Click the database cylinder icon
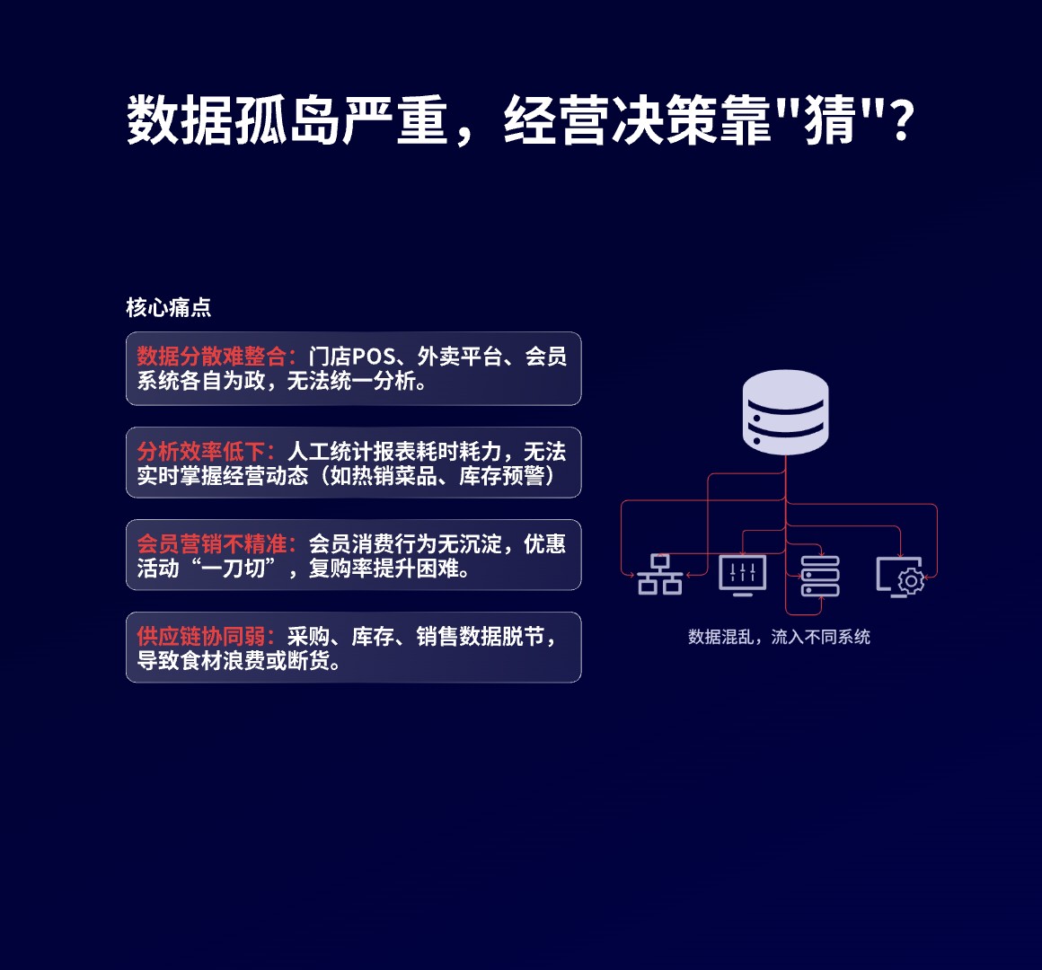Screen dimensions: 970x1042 coord(785,412)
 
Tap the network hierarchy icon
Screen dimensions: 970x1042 coord(660,575)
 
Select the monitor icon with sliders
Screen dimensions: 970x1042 coord(743,575)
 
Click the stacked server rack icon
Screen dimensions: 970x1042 coord(820,576)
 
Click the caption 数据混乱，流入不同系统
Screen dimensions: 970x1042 coord(779,637)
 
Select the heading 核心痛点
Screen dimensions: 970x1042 coord(169,307)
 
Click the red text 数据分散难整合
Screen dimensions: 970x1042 coord(211,357)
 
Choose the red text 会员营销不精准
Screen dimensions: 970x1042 coord(211,544)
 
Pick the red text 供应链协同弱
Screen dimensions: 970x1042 coord(200,637)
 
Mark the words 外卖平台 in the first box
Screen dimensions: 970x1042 coord(459,357)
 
